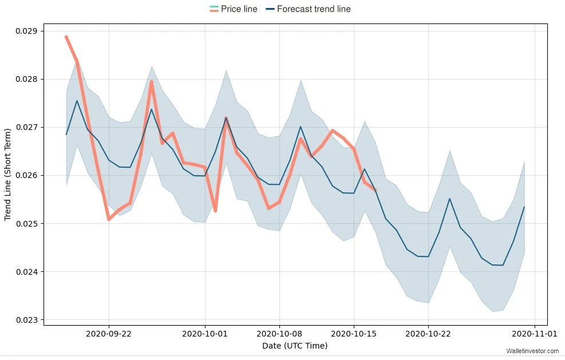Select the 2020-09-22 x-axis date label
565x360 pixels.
pos(109,333)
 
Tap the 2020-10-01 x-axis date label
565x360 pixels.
pos(205,333)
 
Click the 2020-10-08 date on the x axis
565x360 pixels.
pos(279,333)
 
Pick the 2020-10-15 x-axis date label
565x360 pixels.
pos(354,333)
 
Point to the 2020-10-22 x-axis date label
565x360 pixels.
pos(428,333)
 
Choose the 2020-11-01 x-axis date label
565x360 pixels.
pos(534,333)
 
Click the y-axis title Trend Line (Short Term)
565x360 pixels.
pos(8,175)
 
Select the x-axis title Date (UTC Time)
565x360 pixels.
pos(295,346)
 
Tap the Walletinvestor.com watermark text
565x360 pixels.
pos(532,351)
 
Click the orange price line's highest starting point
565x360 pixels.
pos(66,37)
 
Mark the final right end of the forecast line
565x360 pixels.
pos(524,207)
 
